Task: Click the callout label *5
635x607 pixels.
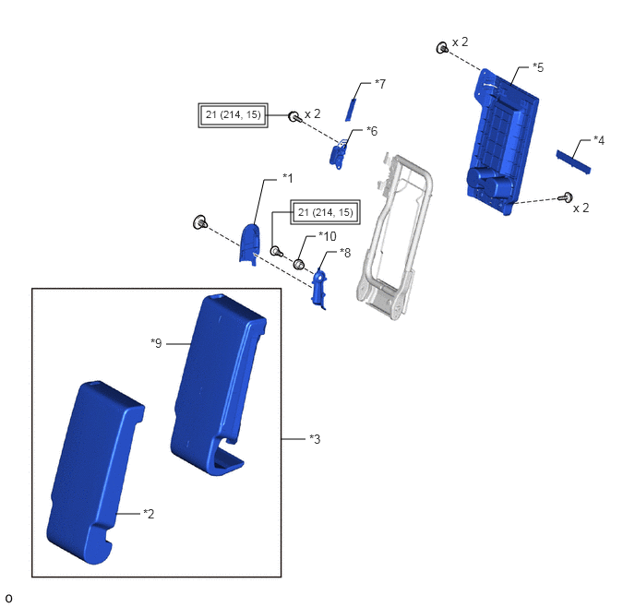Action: [538, 67]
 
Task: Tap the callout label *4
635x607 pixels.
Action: [599, 140]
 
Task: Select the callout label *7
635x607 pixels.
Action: [380, 84]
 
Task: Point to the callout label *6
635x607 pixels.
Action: [372, 131]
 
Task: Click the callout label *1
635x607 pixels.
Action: [288, 178]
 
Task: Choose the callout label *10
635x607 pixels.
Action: [328, 236]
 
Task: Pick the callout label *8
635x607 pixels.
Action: [345, 253]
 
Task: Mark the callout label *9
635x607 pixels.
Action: [156, 343]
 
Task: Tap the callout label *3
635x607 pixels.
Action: [315, 439]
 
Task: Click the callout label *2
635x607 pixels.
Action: [149, 514]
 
